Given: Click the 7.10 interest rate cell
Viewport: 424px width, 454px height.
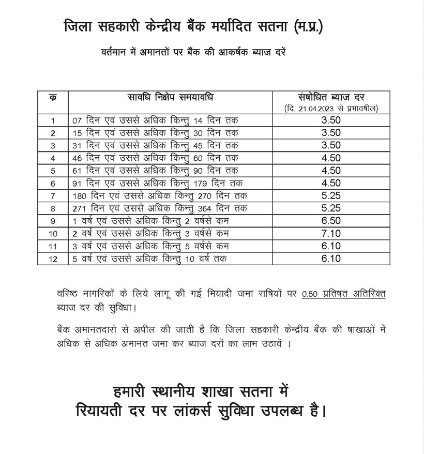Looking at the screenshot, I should coord(331,233).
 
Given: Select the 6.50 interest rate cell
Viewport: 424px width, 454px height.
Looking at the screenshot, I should coord(331,221).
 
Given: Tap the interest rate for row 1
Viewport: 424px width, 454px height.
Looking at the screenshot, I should coord(331,120).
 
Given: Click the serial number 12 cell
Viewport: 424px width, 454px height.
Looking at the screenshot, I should coord(53,259).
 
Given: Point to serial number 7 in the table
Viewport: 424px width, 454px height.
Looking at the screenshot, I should coord(53,196).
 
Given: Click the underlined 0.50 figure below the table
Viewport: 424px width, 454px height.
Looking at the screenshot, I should coord(310,294).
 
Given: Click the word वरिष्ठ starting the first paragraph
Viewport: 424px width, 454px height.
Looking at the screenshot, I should coord(70,294).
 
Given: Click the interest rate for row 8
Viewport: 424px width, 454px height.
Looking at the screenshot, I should coord(331,208).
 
